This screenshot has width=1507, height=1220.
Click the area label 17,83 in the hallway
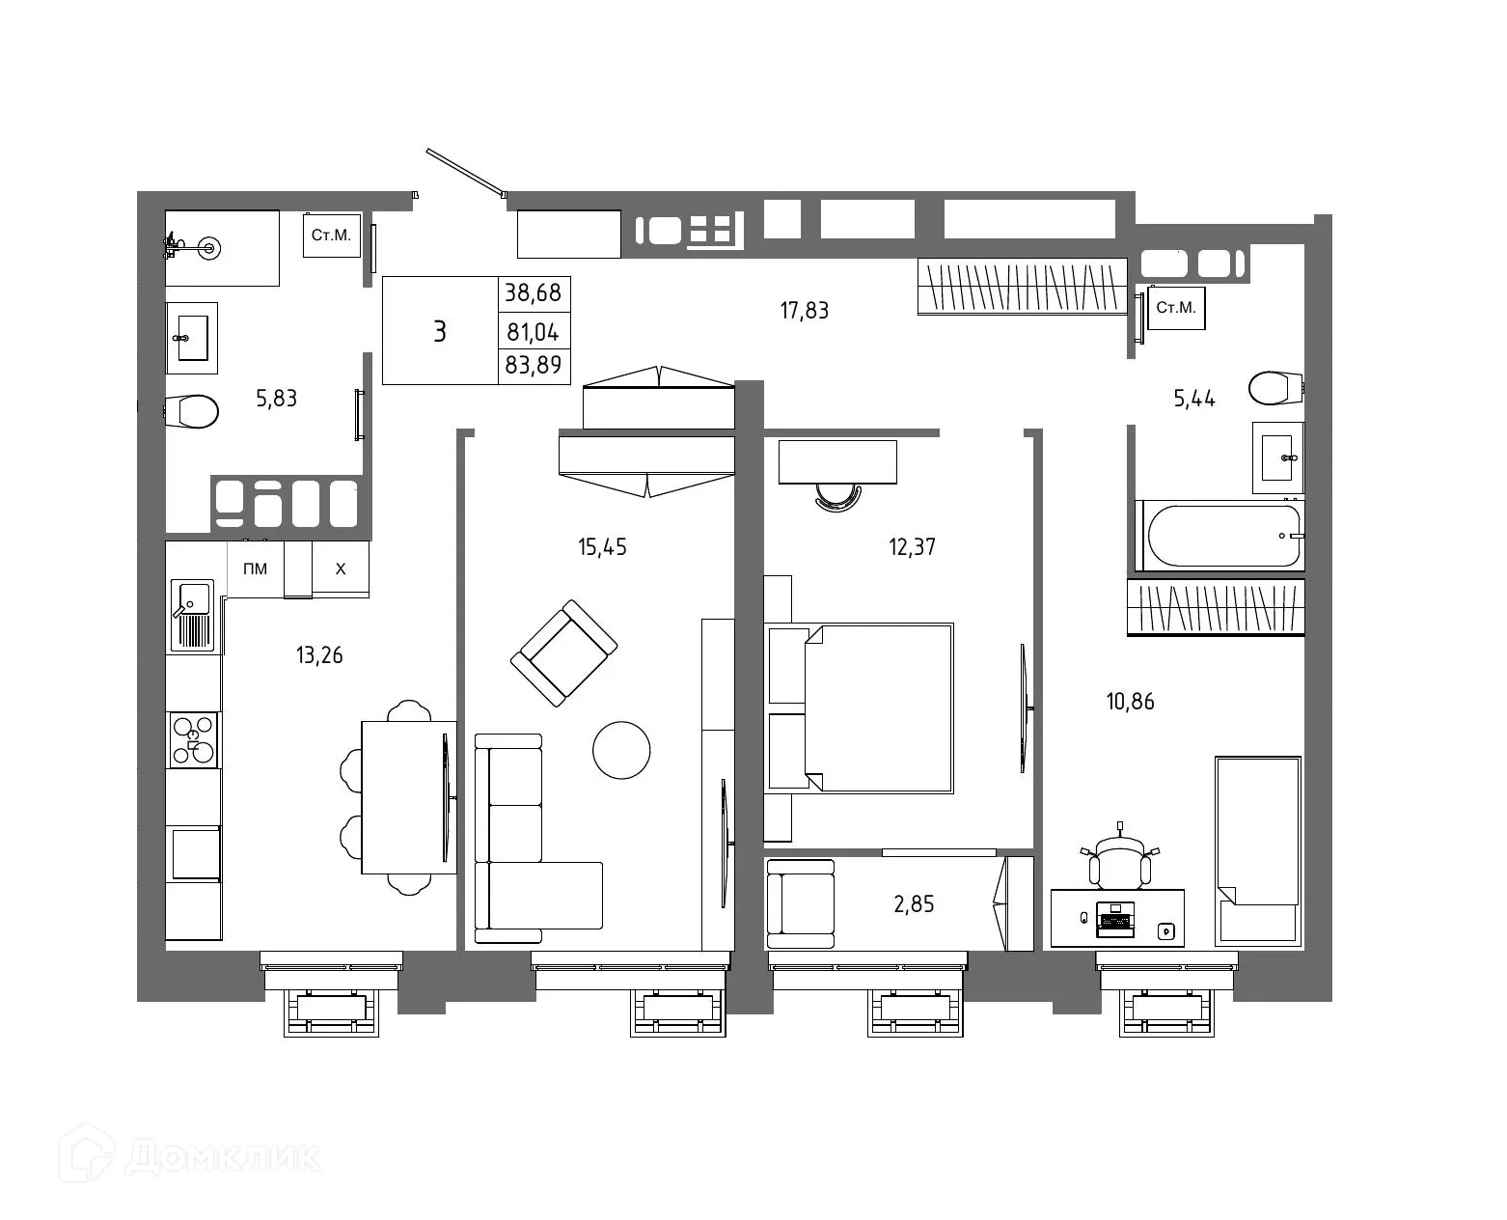tap(804, 311)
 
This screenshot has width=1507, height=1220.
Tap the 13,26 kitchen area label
tap(319, 656)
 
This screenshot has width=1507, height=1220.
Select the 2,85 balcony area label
tap(914, 904)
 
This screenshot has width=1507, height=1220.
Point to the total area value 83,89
tap(534, 367)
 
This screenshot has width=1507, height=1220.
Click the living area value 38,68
tap(534, 292)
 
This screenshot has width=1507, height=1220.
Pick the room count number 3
tap(440, 332)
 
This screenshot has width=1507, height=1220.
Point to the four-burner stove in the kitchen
tap(193, 740)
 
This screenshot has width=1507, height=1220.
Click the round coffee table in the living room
tap(621, 750)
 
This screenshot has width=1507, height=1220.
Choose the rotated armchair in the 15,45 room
tap(564, 653)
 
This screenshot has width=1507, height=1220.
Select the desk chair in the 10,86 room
tap(1119, 863)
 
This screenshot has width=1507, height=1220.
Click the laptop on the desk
tap(1116, 919)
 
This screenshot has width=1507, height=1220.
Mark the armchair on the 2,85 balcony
tap(800, 903)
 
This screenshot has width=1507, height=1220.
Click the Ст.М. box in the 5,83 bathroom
tap(332, 235)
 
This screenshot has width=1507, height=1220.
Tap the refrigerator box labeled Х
tap(341, 569)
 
